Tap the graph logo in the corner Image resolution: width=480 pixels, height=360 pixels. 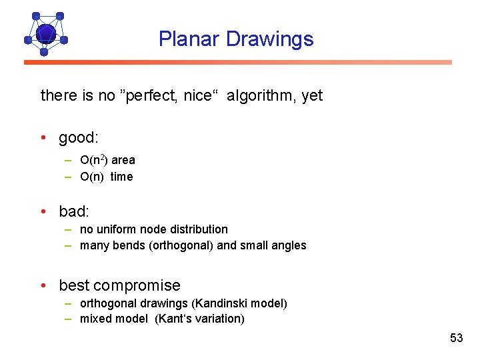[45, 33]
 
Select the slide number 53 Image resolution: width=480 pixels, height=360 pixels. [456, 338]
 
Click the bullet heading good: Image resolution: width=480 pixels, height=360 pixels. [78, 138]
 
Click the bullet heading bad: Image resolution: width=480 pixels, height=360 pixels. [74, 211]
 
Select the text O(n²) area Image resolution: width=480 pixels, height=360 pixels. [107, 160]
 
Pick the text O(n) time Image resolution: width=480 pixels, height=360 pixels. [106, 177]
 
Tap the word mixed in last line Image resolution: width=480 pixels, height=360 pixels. [95, 319]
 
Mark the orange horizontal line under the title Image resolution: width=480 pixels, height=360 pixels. [238, 63]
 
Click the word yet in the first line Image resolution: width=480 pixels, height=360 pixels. [312, 95]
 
